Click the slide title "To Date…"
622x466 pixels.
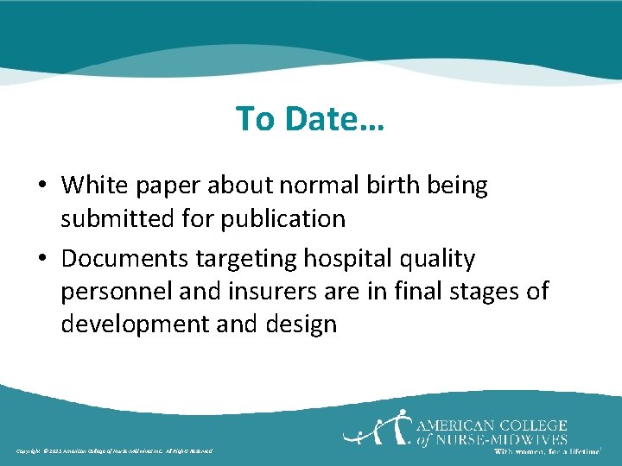coord(310,119)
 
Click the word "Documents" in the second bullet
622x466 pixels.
coord(128,258)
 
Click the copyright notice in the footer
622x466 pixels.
coord(113,451)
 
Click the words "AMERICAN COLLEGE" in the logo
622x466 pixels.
coord(492,425)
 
